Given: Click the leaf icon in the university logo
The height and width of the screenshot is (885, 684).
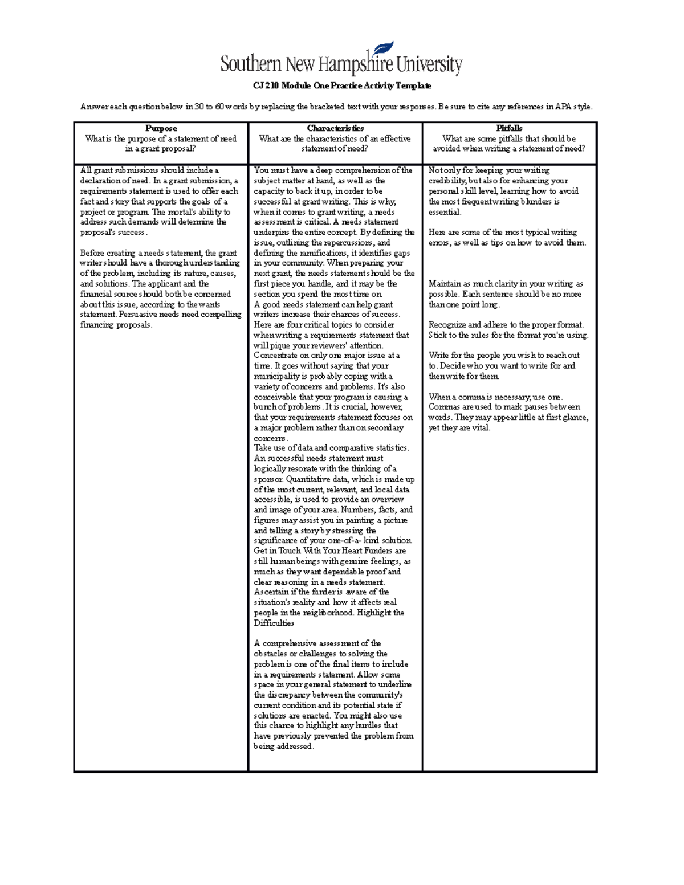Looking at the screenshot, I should click(384, 50).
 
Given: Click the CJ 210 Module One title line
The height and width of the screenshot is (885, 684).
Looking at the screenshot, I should click(342, 85).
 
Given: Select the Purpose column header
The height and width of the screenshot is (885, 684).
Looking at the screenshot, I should click(161, 128).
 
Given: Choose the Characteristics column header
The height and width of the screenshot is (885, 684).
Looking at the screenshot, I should click(335, 128).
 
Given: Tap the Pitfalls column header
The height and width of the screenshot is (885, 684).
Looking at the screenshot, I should click(509, 128).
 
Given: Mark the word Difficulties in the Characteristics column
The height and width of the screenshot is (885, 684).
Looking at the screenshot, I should click(274, 623).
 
